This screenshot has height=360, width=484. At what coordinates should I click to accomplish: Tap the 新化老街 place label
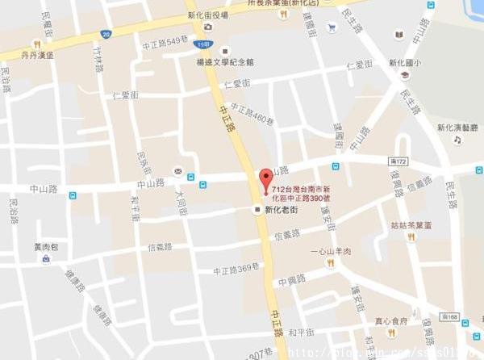click(x=282, y=209)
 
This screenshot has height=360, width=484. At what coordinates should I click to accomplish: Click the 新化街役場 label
click(x=207, y=15)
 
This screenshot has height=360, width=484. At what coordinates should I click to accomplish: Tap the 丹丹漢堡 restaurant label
click(x=38, y=55)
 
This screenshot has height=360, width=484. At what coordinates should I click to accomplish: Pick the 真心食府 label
click(x=391, y=320)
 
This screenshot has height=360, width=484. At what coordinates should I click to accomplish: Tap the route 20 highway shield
click(x=106, y=34)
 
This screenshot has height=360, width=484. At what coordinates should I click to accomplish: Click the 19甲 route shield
click(x=202, y=46)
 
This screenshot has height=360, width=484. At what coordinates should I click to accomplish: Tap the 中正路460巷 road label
click(x=252, y=115)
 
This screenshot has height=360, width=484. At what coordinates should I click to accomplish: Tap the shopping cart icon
click(x=332, y=27)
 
